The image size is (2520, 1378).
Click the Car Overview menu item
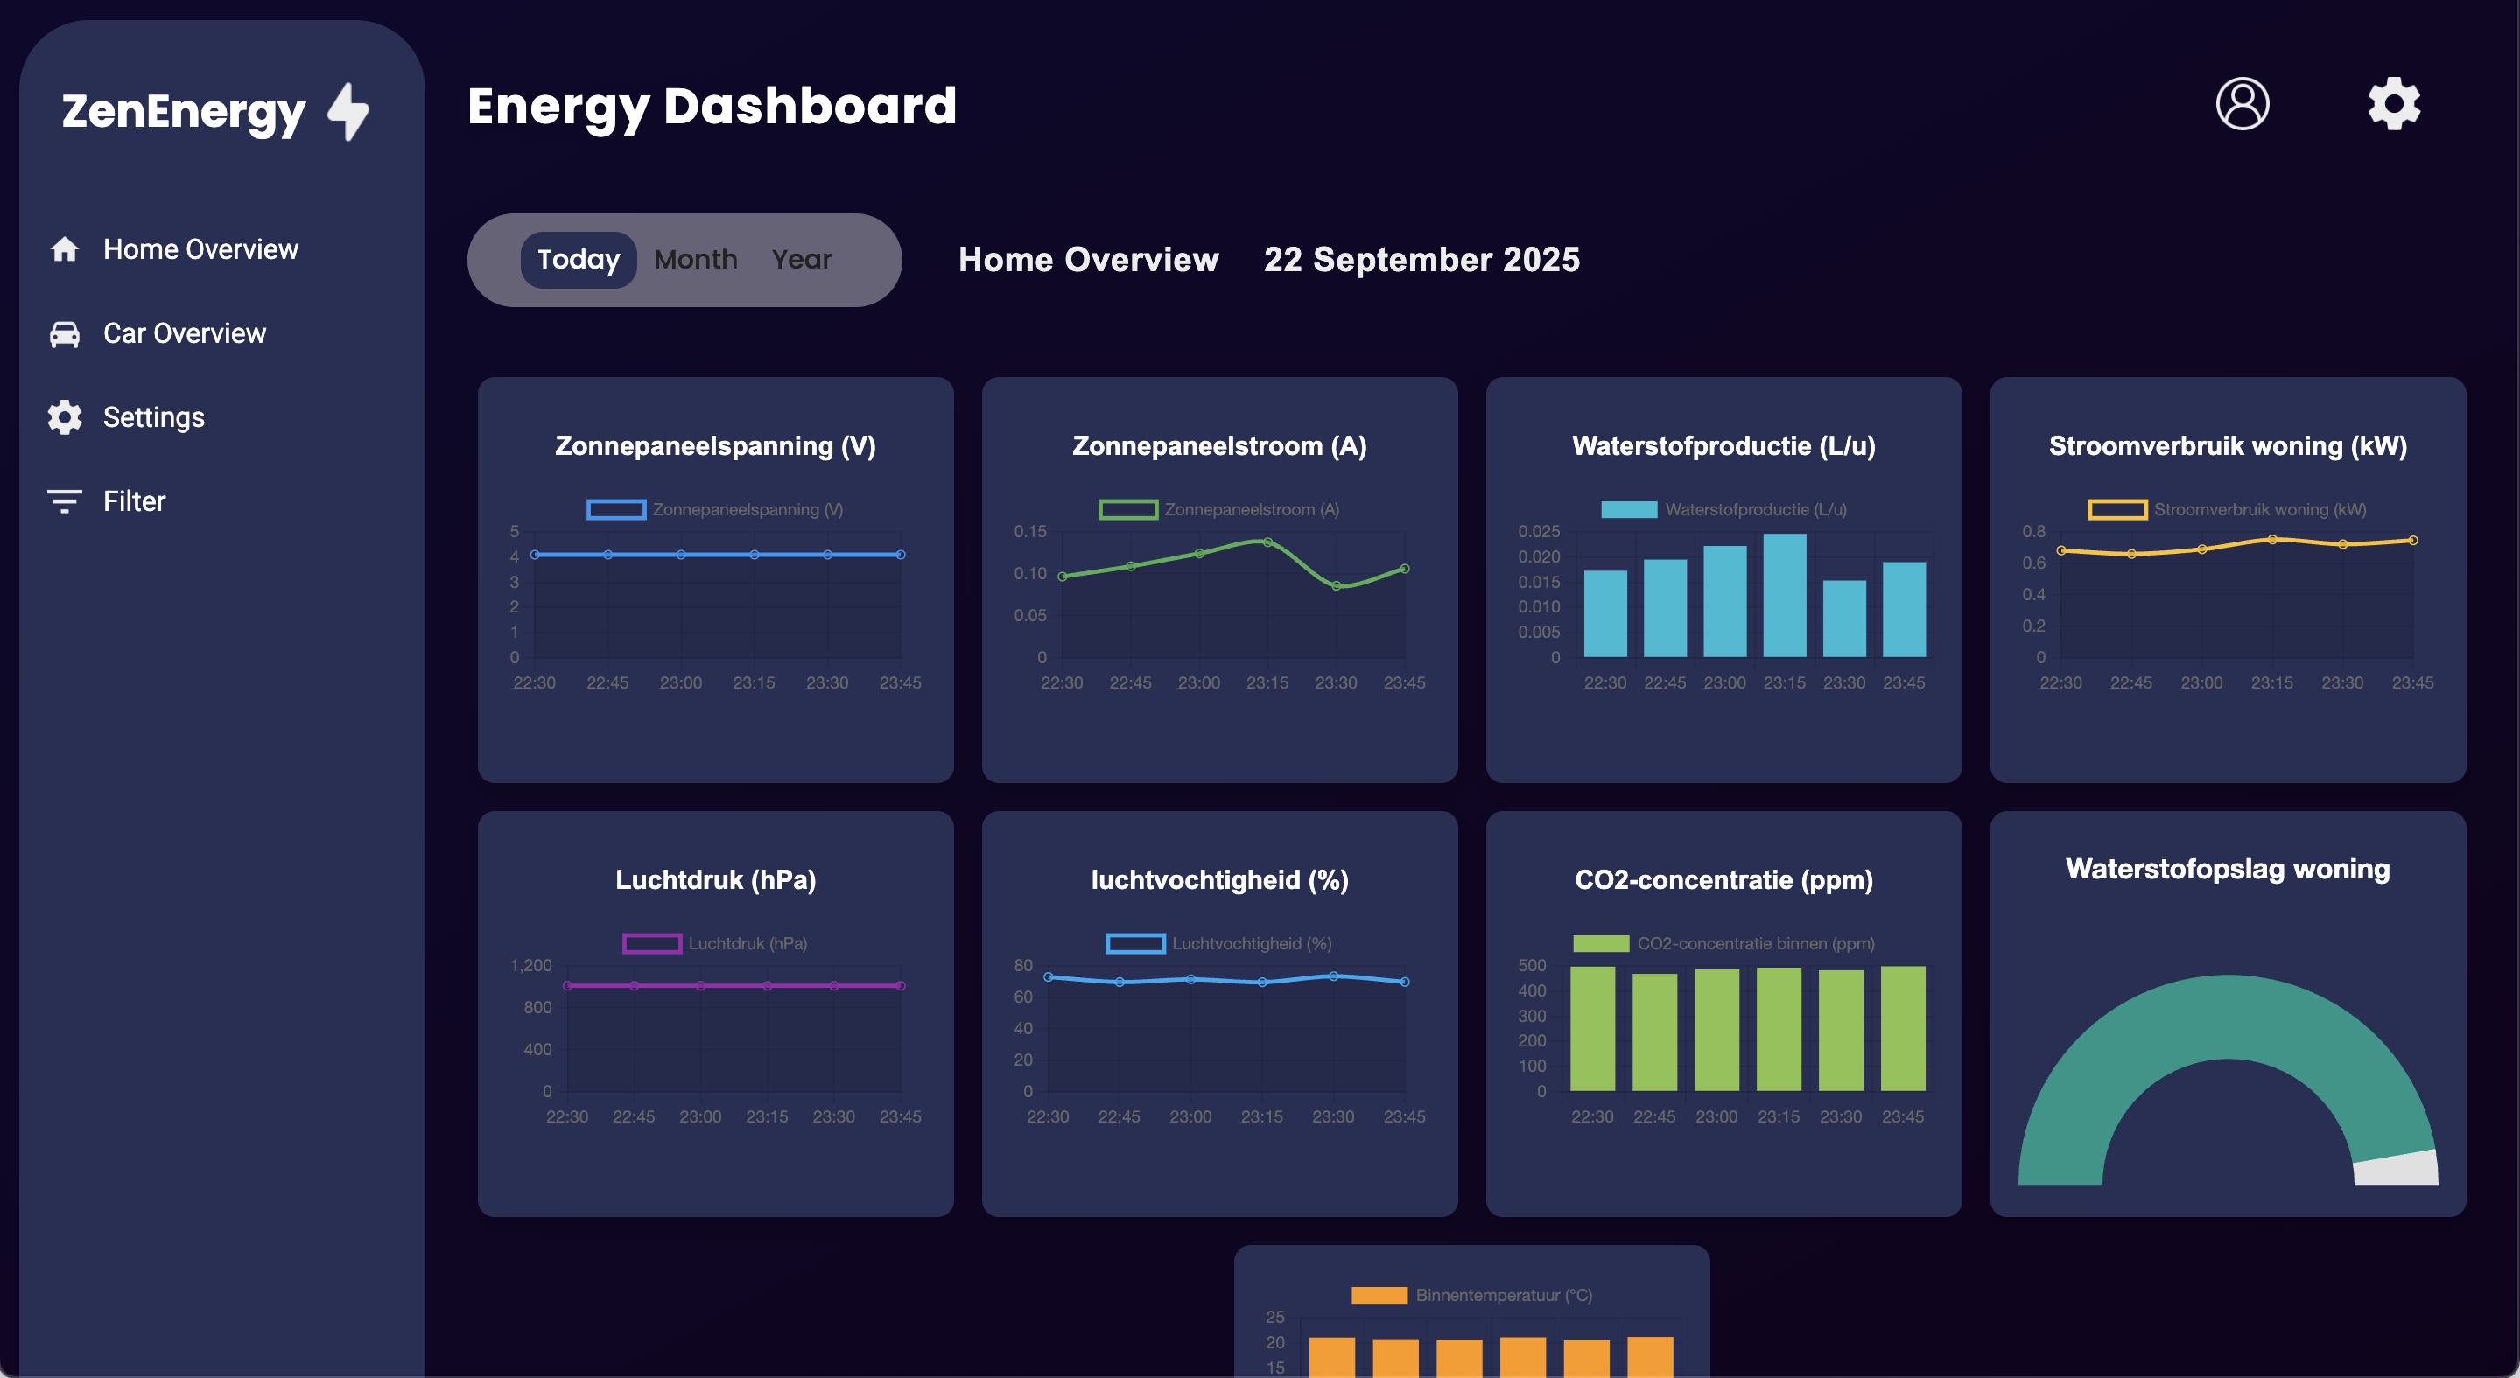pyautogui.click(x=183, y=333)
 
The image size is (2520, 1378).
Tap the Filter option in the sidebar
pyautogui.click(x=133, y=501)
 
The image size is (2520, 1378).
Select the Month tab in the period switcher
pyautogui.click(x=696, y=259)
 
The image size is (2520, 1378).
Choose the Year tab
pyautogui.click(x=801, y=259)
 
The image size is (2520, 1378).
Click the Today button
pyautogui.click(x=579, y=259)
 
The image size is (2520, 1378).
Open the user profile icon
pyautogui.click(x=2243, y=103)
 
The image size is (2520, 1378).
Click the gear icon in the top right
pyautogui.click(x=2394, y=103)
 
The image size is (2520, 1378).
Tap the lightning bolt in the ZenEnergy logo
pyautogui.click(x=349, y=111)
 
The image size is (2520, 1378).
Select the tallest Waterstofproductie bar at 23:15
pyautogui.click(x=1785, y=595)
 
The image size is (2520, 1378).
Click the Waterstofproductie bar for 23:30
pyautogui.click(x=1844, y=618)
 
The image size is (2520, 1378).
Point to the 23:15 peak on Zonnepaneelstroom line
pyautogui.click(x=1267, y=542)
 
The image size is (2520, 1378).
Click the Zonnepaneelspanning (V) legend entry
pyautogui.click(x=715, y=509)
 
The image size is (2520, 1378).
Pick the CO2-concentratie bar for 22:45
pyautogui.click(x=1654, y=1032)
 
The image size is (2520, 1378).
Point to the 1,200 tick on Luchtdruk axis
pyautogui.click(x=531, y=965)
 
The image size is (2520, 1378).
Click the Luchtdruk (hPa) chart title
pyautogui.click(x=715, y=879)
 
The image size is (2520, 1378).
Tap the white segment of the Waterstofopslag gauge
pyautogui.click(x=2397, y=1168)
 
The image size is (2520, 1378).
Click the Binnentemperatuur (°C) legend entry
pyautogui.click(x=1472, y=1295)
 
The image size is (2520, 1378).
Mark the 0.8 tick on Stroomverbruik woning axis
pyautogui.click(x=2034, y=531)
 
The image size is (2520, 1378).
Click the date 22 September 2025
pyautogui.click(x=1421, y=259)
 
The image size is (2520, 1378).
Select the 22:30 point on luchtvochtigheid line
pyautogui.click(x=1049, y=977)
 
